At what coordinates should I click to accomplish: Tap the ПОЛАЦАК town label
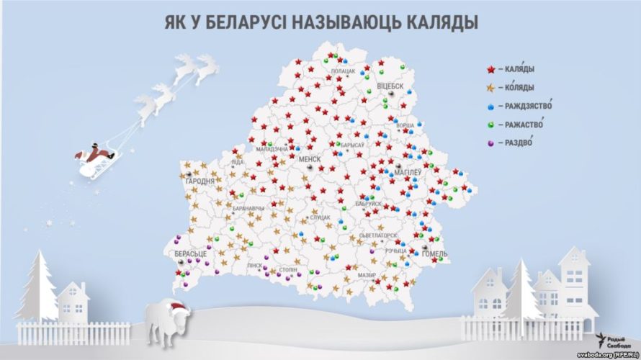tap(342, 71)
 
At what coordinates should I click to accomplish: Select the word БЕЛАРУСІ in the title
tap(242, 23)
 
